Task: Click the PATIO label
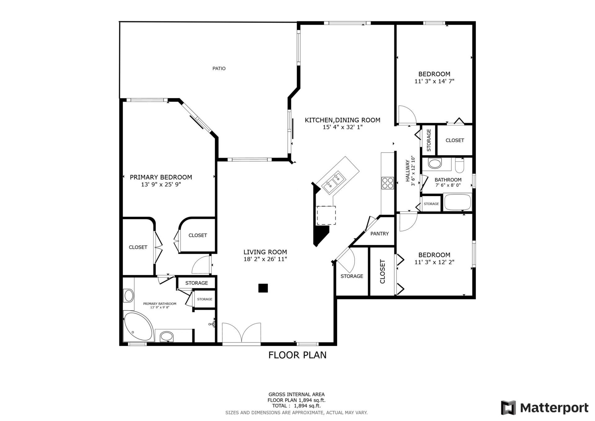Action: (219, 69)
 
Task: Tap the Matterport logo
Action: (544, 408)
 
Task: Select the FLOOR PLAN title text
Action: (297, 355)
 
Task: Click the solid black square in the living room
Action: (263, 288)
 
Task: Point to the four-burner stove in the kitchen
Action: (387, 183)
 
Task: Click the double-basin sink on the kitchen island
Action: (334, 182)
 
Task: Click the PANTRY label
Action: (379, 234)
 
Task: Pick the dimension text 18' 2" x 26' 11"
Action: (265, 259)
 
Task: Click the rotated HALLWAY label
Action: (408, 171)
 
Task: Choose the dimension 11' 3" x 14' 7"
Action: (434, 81)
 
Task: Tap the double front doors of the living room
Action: (241, 333)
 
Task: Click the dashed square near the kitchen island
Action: (326, 215)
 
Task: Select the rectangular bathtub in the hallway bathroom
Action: (457, 202)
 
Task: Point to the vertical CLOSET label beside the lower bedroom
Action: (382, 271)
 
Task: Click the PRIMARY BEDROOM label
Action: (161, 177)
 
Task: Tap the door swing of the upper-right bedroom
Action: (406, 115)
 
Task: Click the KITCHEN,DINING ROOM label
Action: (342, 120)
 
